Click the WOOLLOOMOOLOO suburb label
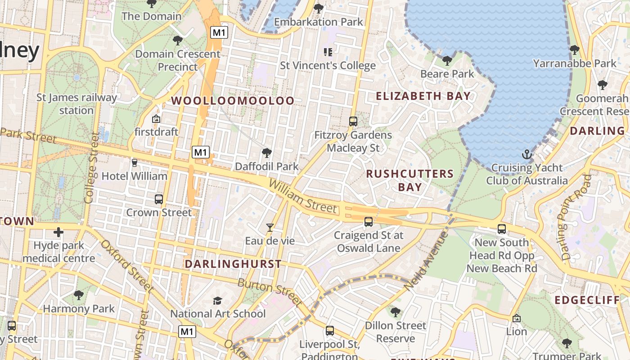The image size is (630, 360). (x=233, y=101)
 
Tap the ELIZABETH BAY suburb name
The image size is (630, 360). (x=423, y=96)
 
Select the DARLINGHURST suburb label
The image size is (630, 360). (x=233, y=264)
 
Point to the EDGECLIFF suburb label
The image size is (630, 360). (x=587, y=301)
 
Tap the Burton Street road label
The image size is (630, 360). (x=269, y=292)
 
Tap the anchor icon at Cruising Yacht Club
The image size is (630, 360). (x=526, y=155)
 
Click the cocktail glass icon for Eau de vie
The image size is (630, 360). (x=270, y=228)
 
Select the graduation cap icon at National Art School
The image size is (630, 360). (x=218, y=301)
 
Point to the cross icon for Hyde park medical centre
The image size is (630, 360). (x=58, y=232)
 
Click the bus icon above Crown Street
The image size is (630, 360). (x=158, y=199)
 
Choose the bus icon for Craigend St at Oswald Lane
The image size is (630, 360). (x=369, y=221)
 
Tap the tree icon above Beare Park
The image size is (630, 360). (x=447, y=60)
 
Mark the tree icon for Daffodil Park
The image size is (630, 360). (x=266, y=153)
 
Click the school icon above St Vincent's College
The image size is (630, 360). (x=328, y=52)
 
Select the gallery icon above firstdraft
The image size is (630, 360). (x=156, y=119)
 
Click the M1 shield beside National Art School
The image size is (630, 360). (x=187, y=332)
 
